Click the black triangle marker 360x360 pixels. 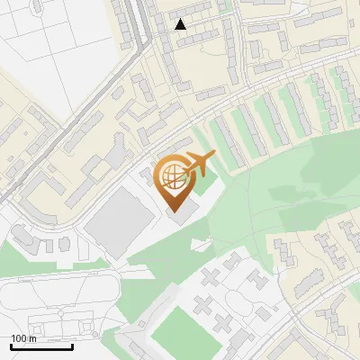(x=181, y=24)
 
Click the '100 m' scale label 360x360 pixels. (x=23, y=338)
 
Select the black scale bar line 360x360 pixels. (x=41, y=346)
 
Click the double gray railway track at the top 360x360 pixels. (x=138, y=27)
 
